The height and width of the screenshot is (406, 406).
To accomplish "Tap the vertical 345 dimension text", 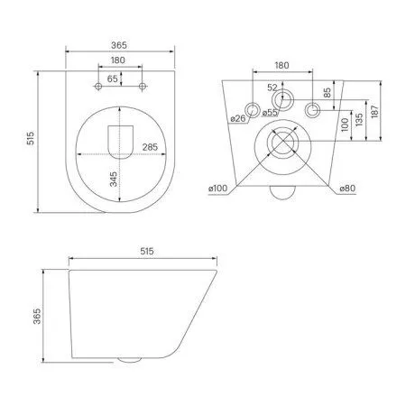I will click(x=112, y=179).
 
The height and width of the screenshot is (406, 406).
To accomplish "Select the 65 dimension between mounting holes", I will click(x=113, y=79).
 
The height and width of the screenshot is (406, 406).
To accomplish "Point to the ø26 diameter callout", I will click(x=238, y=119).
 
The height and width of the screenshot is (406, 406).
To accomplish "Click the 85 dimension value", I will click(x=328, y=91).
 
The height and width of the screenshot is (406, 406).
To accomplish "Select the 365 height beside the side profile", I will click(x=39, y=314).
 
